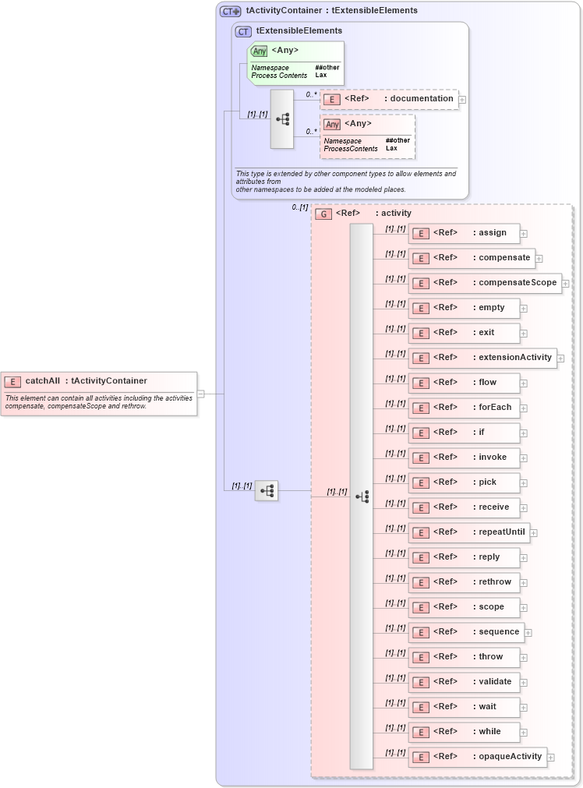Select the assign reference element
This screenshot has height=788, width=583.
tap(464, 233)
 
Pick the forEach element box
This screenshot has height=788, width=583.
tap(464, 408)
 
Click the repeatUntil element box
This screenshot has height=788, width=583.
tap(468, 532)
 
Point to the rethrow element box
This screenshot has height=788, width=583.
tap(464, 582)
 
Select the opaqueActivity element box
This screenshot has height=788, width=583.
tap(477, 757)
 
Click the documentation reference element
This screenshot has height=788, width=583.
tap(389, 99)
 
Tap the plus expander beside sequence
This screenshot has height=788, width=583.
tap(528, 633)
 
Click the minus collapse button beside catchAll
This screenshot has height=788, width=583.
tap(201, 394)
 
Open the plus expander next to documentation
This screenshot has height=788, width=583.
tap(462, 100)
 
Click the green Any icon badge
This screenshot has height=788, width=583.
tap(260, 51)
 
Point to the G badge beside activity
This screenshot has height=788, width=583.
tap(323, 214)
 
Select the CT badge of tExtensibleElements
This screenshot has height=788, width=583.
tap(243, 31)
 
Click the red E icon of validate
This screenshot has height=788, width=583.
tap(421, 683)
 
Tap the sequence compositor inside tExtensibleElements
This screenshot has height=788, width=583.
tap(282, 119)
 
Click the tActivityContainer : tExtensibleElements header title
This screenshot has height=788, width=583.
tap(331, 11)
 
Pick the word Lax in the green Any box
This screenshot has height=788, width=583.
tap(320, 76)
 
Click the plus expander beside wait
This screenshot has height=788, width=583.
tap(524, 708)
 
